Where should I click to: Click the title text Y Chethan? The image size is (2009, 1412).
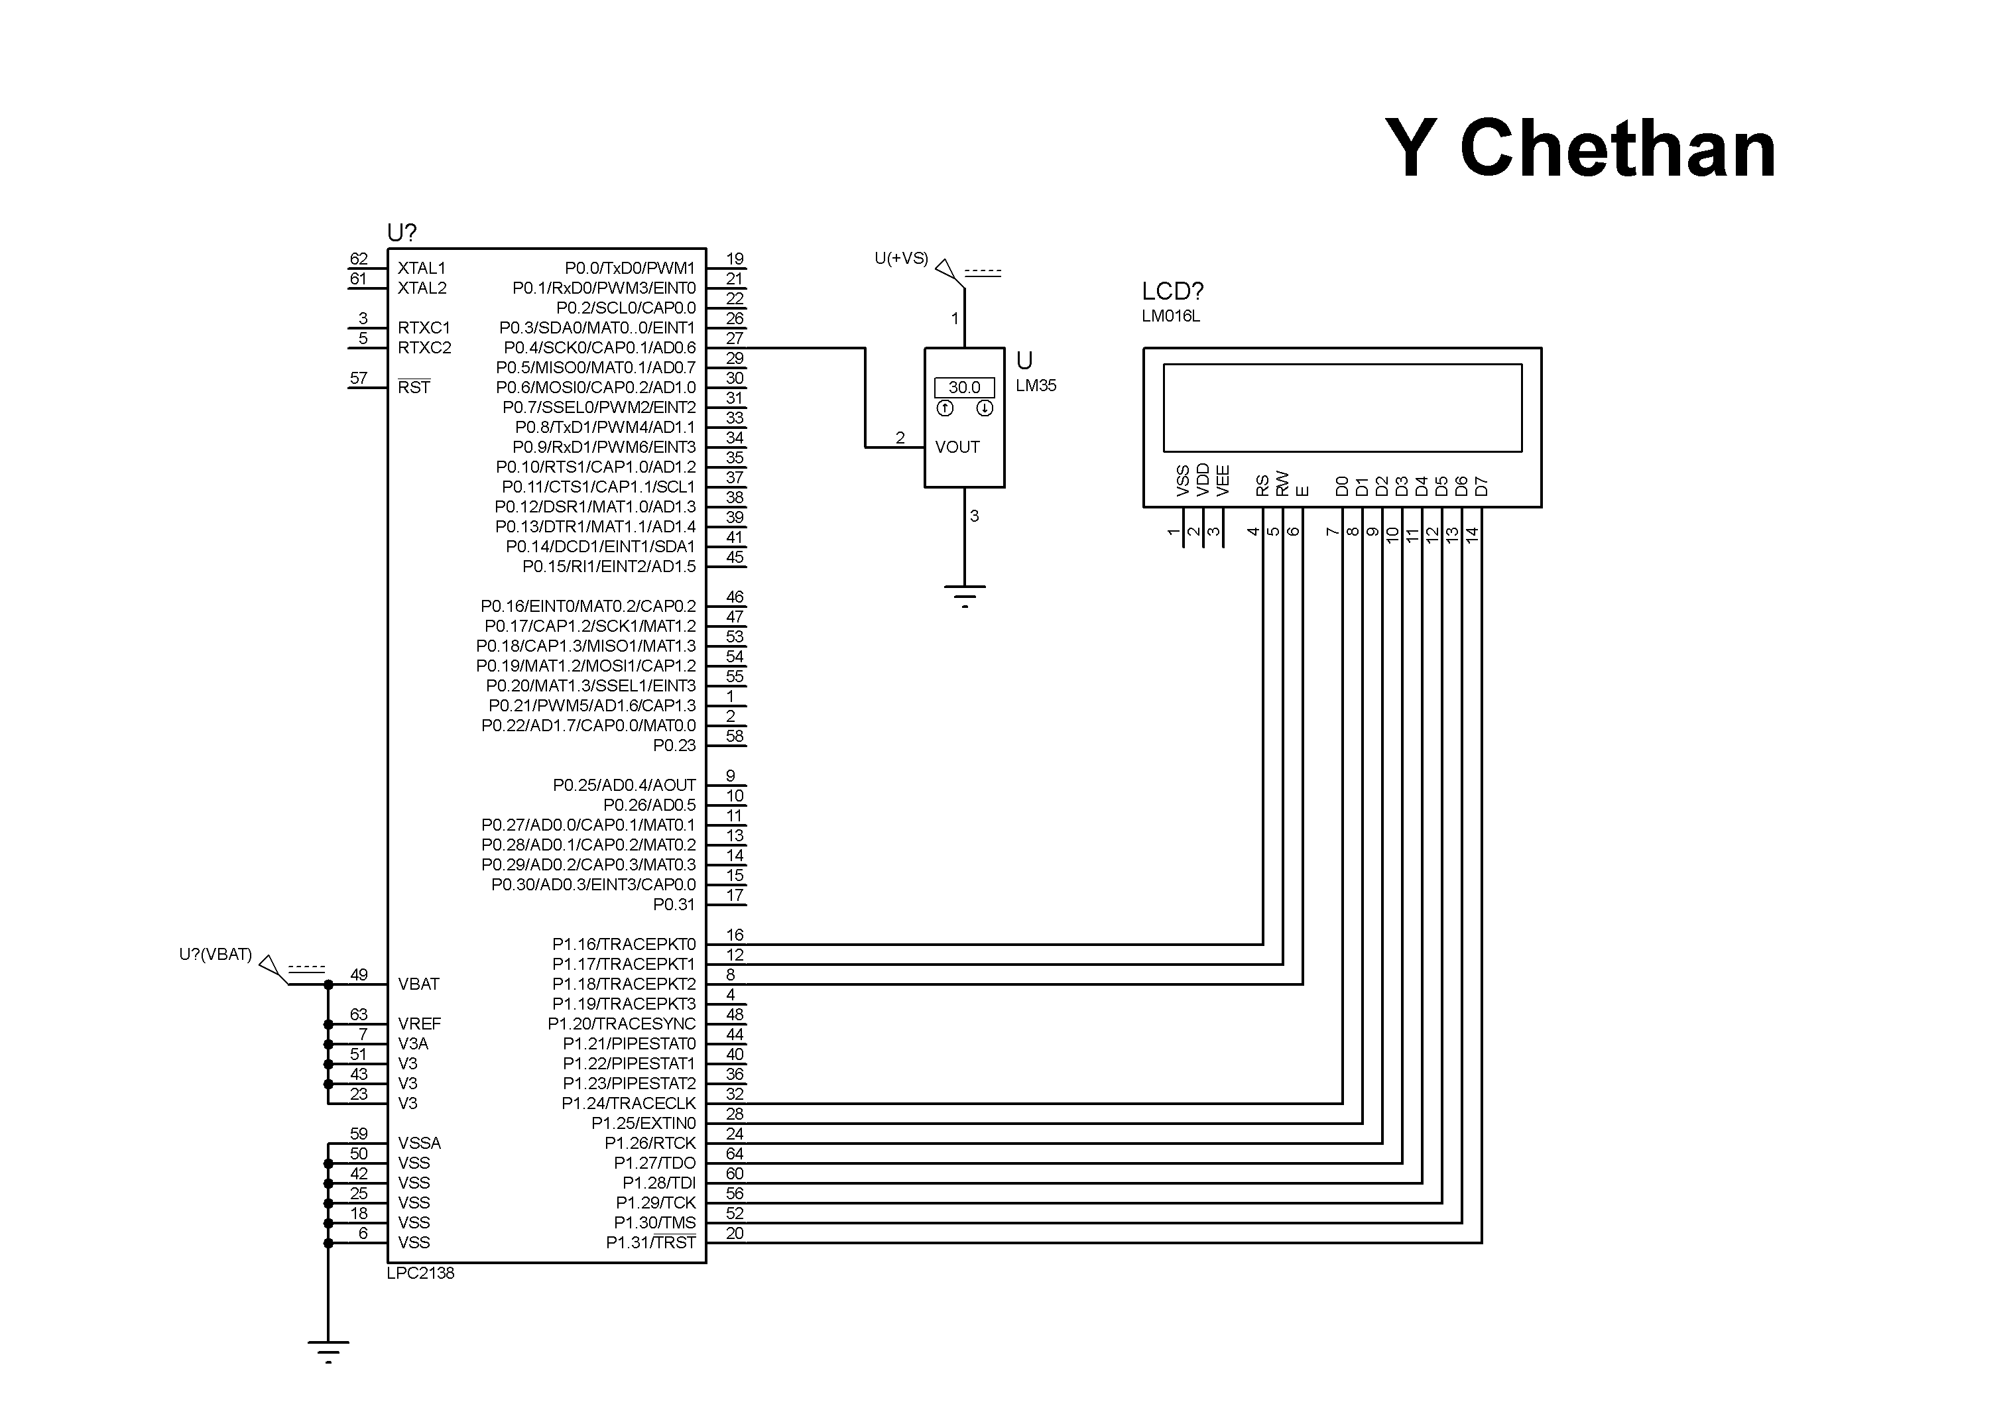click(x=1580, y=148)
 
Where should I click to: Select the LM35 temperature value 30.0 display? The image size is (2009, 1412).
click(x=963, y=386)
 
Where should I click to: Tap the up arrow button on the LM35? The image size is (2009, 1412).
click(x=944, y=408)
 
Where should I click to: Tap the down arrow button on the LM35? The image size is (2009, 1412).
click(x=985, y=408)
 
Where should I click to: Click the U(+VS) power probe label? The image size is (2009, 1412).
click(x=900, y=258)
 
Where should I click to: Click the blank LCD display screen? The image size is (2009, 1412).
click(x=1341, y=408)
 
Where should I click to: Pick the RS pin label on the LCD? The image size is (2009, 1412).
click(x=1262, y=485)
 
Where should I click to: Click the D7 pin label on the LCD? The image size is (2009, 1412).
click(x=1481, y=485)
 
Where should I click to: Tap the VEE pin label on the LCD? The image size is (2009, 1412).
click(x=1223, y=481)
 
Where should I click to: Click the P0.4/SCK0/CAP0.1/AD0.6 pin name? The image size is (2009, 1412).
click(x=599, y=347)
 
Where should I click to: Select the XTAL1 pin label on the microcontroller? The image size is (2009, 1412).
click(x=422, y=268)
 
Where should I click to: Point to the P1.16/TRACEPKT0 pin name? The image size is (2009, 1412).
click(x=623, y=944)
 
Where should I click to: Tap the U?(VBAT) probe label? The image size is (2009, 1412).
click(x=215, y=955)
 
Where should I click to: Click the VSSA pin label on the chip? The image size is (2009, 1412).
click(x=419, y=1143)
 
